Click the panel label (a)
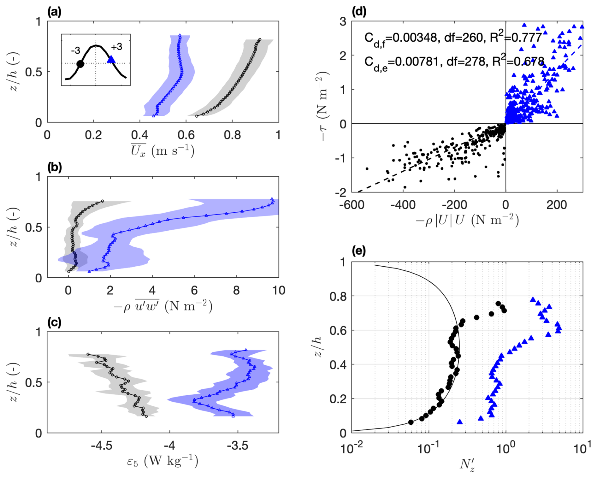(x=54, y=12)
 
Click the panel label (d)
(x=359, y=12)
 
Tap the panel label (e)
(x=359, y=251)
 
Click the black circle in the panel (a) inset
(x=80, y=64)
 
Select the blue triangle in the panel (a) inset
(x=111, y=59)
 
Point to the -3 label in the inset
(x=75, y=50)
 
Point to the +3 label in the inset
(x=116, y=47)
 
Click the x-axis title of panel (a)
(x=162, y=150)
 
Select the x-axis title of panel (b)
(x=162, y=306)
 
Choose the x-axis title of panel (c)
(x=162, y=461)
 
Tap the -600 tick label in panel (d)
(x=352, y=205)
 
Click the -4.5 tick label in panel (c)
(x=102, y=446)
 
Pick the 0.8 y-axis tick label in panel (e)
(x=338, y=296)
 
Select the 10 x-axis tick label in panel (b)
(x=279, y=290)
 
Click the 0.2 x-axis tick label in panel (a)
(x=93, y=135)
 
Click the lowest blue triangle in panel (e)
(x=460, y=422)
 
